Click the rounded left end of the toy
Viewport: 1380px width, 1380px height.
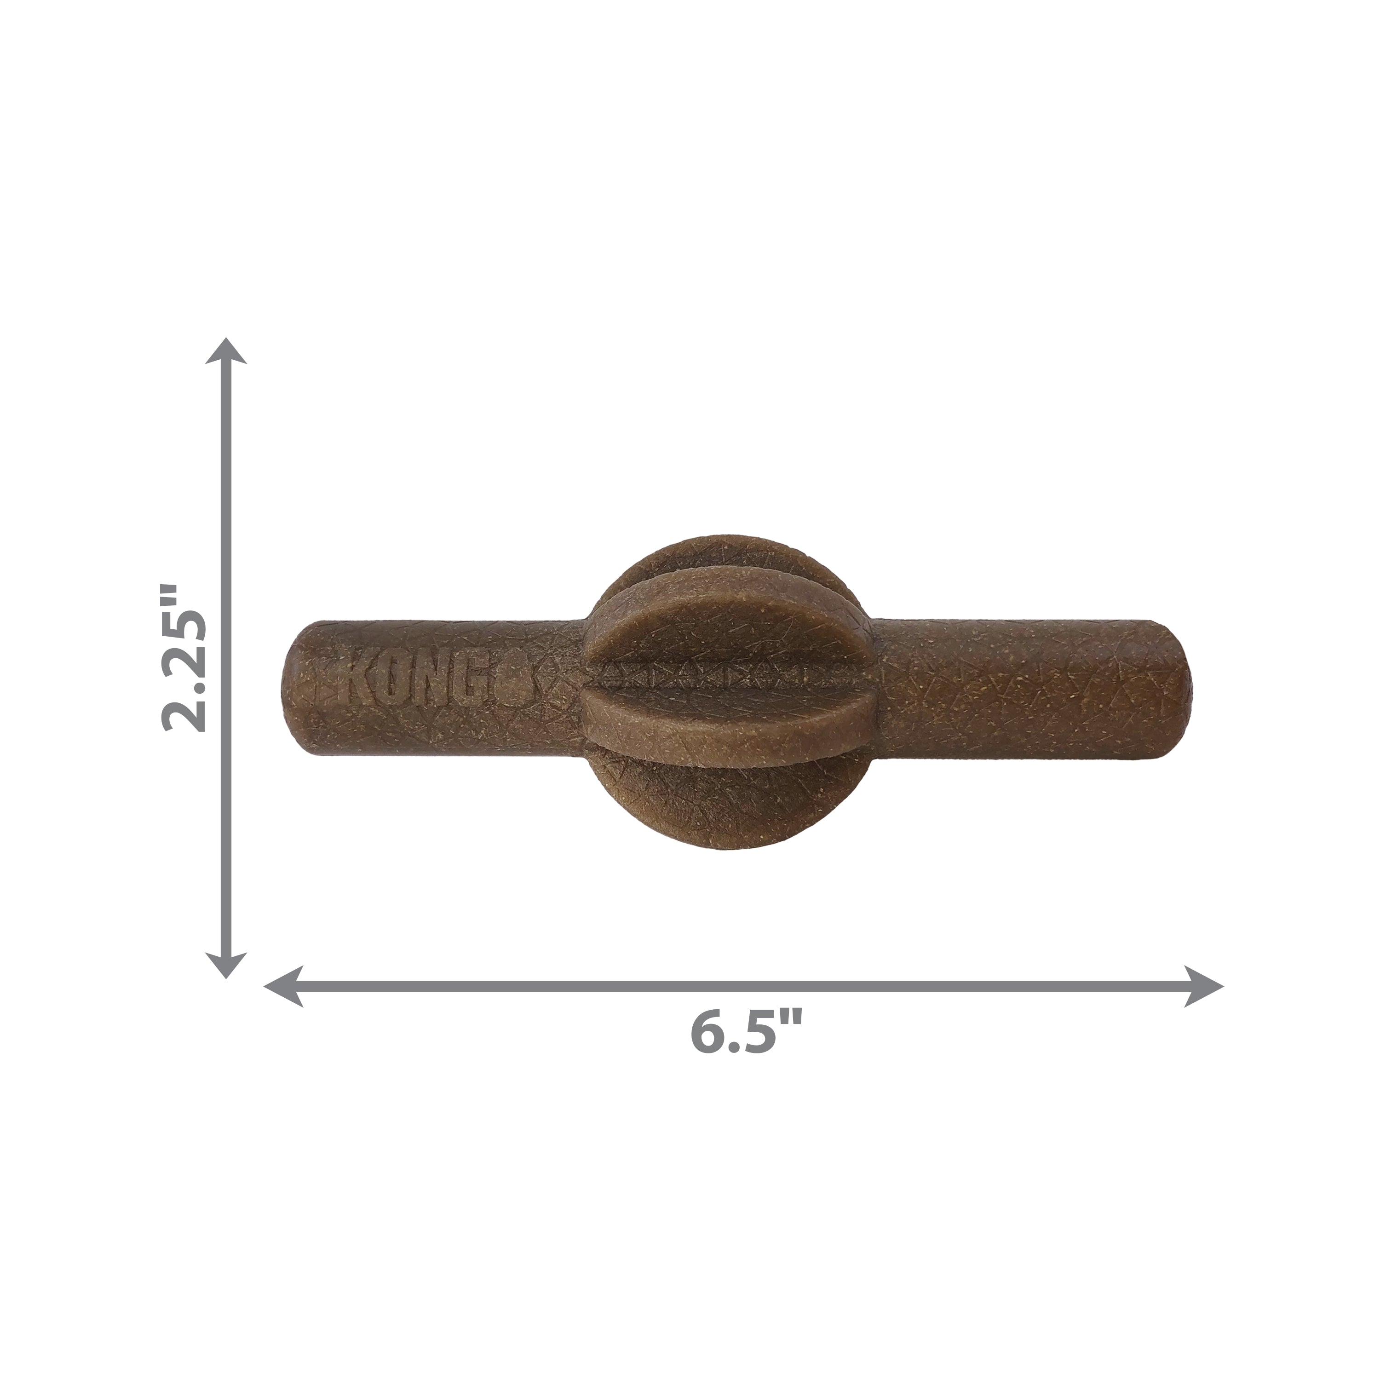pos(294,678)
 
